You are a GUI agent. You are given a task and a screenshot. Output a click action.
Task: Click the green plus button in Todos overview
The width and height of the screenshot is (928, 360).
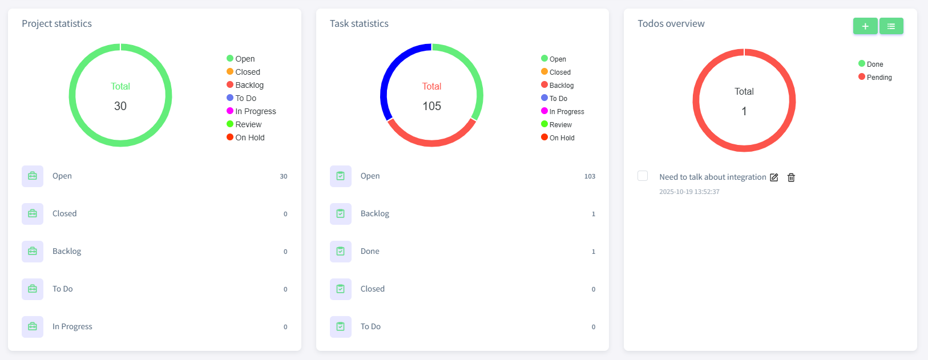click(x=865, y=26)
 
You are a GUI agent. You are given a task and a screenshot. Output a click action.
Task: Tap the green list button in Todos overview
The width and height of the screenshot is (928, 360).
click(x=891, y=26)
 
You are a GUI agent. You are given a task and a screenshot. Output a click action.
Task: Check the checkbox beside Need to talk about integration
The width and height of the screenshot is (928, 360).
click(x=643, y=176)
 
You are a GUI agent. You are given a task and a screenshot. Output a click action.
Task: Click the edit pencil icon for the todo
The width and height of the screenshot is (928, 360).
click(x=774, y=177)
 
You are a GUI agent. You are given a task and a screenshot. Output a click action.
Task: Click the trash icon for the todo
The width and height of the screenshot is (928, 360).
click(x=791, y=177)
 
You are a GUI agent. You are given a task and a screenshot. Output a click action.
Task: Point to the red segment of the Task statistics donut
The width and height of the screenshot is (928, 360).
click(x=431, y=142)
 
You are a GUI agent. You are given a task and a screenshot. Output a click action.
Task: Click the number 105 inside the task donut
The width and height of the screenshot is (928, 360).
click(x=431, y=106)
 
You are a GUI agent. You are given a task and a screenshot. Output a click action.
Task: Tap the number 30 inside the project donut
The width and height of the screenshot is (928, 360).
click(x=120, y=106)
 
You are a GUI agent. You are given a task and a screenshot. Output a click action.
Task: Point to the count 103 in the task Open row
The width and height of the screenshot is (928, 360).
click(x=590, y=176)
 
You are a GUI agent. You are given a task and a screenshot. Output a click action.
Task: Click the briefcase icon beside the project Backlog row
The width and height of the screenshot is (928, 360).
click(x=33, y=252)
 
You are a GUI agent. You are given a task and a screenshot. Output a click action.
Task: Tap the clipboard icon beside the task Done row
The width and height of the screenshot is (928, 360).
click(x=341, y=252)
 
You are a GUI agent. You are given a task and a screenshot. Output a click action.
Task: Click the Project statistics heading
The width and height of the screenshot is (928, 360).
click(x=57, y=23)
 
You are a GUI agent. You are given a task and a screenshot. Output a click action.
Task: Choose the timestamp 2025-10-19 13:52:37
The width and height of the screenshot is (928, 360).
click(x=689, y=192)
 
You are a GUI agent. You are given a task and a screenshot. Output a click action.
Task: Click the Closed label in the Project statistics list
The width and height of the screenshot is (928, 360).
click(x=64, y=213)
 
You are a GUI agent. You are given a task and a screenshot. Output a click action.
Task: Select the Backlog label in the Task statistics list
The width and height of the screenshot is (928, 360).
click(x=375, y=213)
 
